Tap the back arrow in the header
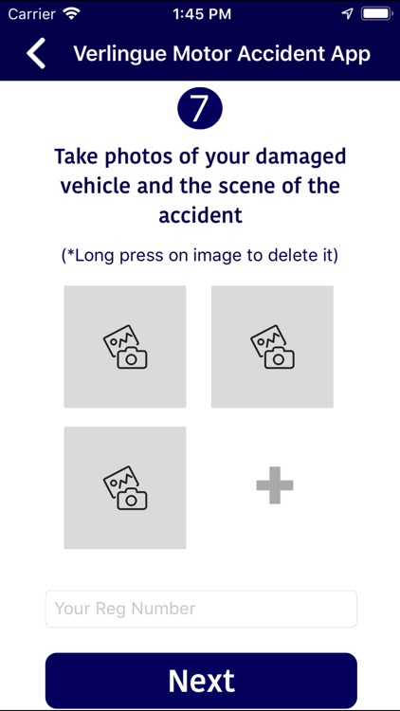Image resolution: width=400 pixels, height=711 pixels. click(36, 53)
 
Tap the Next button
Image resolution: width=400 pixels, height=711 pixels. click(201, 681)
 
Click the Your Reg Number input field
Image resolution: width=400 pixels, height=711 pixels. click(201, 609)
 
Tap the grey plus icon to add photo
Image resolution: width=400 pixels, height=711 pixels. click(275, 486)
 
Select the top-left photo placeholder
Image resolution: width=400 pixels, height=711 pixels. click(125, 347)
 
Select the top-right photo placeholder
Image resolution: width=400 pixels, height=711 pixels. click(272, 347)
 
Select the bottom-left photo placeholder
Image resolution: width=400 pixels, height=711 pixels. click(125, 487)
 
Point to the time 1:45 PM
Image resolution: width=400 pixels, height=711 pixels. click(200, 14)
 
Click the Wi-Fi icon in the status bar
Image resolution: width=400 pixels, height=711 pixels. click(72, 14)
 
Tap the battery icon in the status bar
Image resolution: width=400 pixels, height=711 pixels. click(376, 14)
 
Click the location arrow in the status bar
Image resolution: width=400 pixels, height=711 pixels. click(347, 14)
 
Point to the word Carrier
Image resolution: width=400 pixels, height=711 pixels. click(31, 14)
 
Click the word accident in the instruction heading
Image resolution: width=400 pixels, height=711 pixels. click(200, 215)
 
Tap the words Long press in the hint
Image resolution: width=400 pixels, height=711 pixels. click(115, 255)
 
